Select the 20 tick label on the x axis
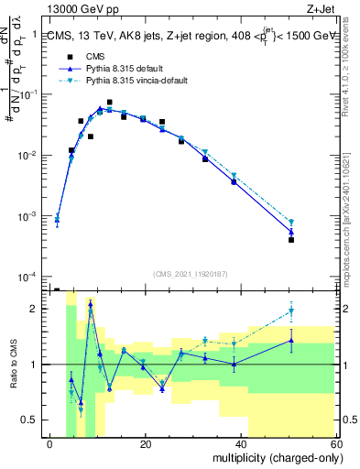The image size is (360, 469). coord(146,444)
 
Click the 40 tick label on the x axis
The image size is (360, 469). coord(241,444)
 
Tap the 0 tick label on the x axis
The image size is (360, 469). coord(50,444)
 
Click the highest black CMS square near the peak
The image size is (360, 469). coord(110,103)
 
